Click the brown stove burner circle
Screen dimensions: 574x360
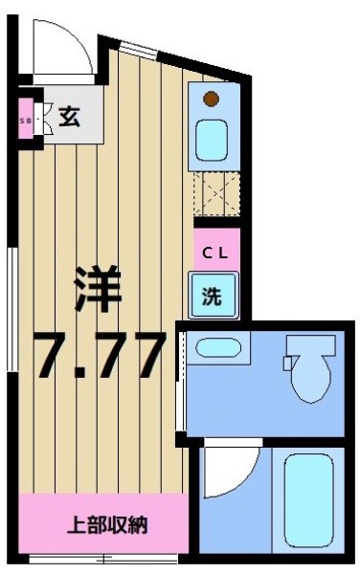[212, 97]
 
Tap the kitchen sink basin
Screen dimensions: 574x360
[212, 139]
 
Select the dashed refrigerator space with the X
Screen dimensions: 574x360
[213, 196]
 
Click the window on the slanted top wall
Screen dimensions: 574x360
[140, 47]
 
